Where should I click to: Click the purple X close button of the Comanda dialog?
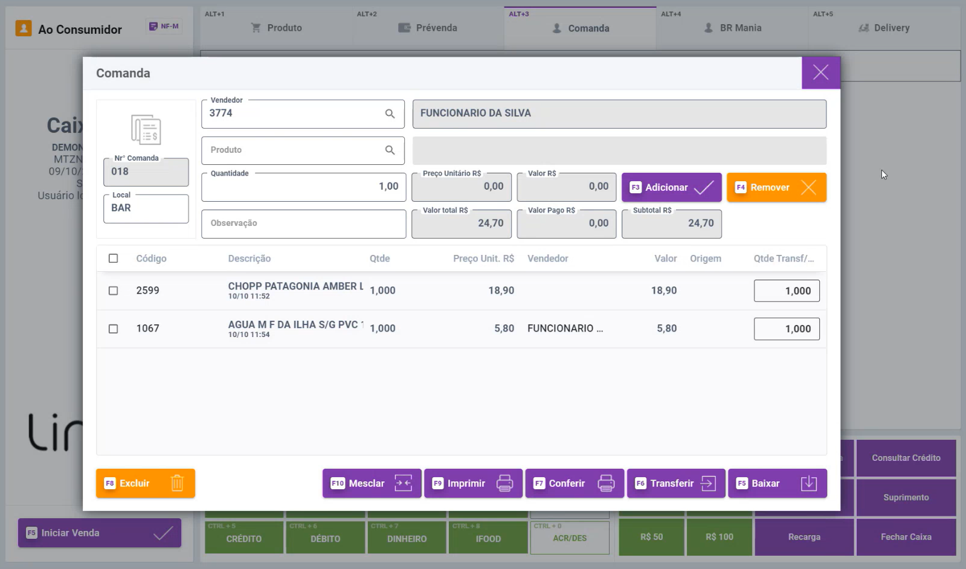(x=820, y=72)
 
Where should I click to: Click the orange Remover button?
(x=776, y=187)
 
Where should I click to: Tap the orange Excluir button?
(x=146, y=483)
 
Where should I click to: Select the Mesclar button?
(x=372, y=483)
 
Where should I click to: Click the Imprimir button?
(x=473, y=483)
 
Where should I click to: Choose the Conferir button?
(x=575, y=483)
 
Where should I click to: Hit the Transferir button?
(x=676, y=483)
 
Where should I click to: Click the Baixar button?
(x=777, y=483)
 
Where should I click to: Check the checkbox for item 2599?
(x=113, y=291)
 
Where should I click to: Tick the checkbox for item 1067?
(x=113, y=329)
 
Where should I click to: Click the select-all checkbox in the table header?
(x=113, y=259)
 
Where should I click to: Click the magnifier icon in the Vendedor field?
(x=390, y=114)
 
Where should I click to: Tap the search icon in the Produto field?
(x=390, y=150)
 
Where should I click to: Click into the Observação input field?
(x=303, y=223)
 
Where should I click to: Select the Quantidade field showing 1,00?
(x=303, y=187)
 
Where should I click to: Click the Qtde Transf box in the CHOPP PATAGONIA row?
(x=786, y=291)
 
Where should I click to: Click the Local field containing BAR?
(x=146, y=208)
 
